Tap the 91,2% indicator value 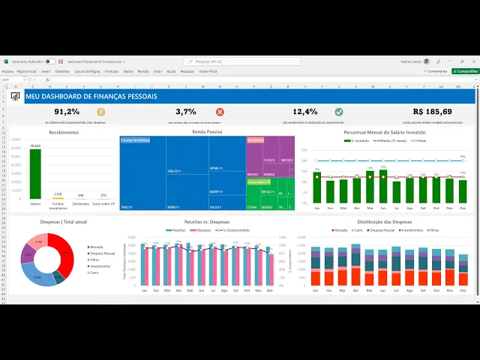tap(67, 112)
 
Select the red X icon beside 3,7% tap(220, 112)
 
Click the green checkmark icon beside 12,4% tap(339, 112)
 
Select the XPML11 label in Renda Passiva tap(215, 169)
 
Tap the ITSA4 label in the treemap tap(252, 207)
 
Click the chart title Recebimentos tap(64, 132)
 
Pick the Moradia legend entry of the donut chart tap(97, 247)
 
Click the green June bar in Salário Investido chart tap(383, 187)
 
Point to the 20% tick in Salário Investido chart tap(304, 150)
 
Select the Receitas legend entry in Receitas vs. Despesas tap(175, 230)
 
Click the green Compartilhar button tap(464, 71)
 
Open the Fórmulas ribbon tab tap(112, 71)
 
